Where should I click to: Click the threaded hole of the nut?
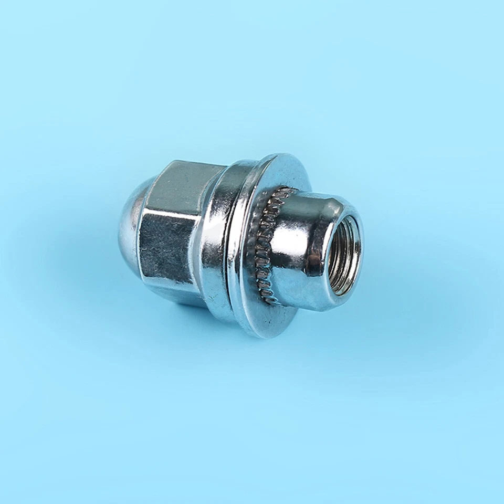(x=344, y=255)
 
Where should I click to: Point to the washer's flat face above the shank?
(x=286, y=173)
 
